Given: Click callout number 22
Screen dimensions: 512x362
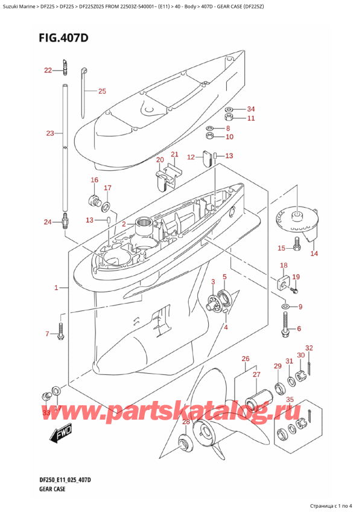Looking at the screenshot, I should pyautogui.click(x=48, y=71).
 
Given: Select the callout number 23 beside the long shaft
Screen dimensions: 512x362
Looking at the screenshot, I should pyautogui.click(x=49, y=133).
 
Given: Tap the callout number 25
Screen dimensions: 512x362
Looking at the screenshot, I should pyautogui.click(x=101, y=91).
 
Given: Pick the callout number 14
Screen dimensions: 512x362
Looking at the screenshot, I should pyautogui.click(x=314, y=254).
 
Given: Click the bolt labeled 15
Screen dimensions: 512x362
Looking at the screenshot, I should pyautogui.click(x=297, y=245).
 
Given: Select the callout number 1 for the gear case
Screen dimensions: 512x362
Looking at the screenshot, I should pyautogui.click(x=56, y=288).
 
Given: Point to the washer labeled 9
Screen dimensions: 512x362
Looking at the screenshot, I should pyautogui.click(x=285, y=308).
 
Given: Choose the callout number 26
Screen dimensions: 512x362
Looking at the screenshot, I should pyautogui.click(x=245, y=359).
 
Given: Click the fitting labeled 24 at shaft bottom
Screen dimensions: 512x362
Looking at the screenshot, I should pyautogui.click(x=65, y=222).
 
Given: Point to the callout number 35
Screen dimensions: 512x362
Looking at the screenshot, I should pyautogui.click(x=290, y=399).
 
